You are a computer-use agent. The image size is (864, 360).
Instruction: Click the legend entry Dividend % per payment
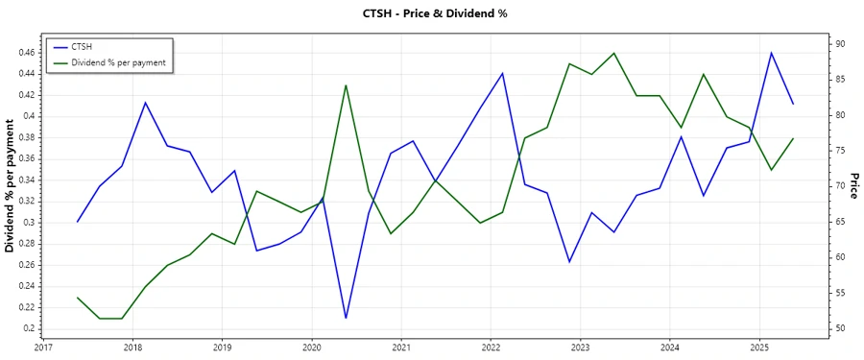click(118, 62)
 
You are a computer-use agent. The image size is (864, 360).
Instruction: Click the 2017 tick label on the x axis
click(43, 348)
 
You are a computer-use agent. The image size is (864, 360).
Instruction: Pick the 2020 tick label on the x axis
click(312, 348)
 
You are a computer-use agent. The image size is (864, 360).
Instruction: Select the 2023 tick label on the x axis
click(581, 348)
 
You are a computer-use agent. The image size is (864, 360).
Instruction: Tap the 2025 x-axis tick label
click(759, 348)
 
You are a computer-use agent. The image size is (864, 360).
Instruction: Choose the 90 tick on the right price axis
click(839, 44)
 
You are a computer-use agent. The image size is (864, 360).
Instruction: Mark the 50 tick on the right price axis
click(839, 328)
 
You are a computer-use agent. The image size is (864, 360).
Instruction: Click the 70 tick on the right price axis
click(839, 186)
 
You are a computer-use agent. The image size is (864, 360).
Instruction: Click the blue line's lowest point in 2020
click(346, 318)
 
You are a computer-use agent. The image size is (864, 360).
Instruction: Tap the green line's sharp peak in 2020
click(346, 85)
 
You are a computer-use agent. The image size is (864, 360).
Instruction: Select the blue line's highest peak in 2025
click(771, 53)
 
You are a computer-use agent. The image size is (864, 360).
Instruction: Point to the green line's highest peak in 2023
click(614, 53)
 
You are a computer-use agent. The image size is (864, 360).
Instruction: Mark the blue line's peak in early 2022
click(502, 73)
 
